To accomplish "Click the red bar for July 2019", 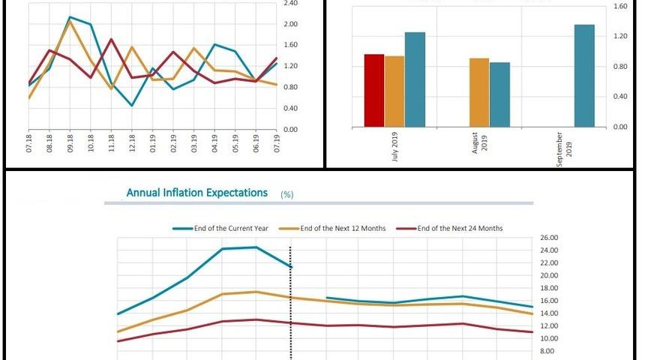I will point(373,90).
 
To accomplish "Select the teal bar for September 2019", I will point(584,76).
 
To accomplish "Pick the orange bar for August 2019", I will point(479,92).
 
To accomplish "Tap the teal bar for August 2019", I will point(499,94).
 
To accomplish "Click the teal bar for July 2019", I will point(415,79).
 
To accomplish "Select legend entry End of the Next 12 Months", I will point(343,228).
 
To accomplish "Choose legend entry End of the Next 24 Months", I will point(460,228).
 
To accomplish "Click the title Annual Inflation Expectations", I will point(196,193).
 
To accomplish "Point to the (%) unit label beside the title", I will point(286,194).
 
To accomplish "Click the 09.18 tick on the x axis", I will point(70,143).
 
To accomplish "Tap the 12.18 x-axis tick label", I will point(132,143).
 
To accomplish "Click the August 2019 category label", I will point(480,142).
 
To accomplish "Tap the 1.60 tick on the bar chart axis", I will point(621,7).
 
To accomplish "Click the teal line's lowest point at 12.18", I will point(132,106).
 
